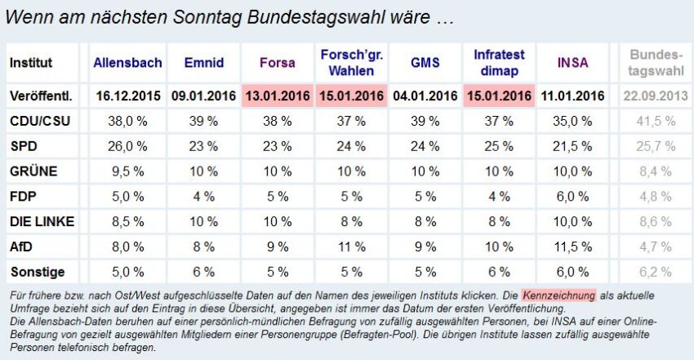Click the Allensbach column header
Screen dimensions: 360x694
coord(127,62)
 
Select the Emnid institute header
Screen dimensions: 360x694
coord(203,62)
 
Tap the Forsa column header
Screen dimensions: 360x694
coord(279,62)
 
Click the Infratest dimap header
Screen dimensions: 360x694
coord(500,62)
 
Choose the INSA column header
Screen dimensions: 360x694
coord(572,62)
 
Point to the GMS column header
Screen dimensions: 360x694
coord(425,62)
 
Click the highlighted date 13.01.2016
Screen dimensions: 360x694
coord(279,96)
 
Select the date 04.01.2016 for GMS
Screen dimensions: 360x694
coord(425,96)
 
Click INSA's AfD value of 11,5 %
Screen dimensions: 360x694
coord(572,247)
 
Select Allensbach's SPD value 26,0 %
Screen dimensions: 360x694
coord(127,147)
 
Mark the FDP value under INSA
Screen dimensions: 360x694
coord(572,197)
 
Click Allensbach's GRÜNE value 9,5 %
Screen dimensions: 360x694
coord(127,171)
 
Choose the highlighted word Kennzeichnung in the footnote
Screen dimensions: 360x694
coord(560,293)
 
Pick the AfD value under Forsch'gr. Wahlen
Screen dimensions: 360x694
coord(353,247)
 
